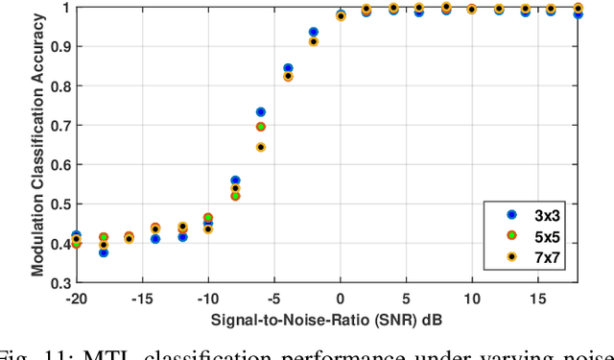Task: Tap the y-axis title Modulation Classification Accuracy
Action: [37, 145]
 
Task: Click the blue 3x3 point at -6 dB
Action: [260, 112]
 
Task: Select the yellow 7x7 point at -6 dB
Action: [260, 147]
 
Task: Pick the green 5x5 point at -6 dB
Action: [260, 127]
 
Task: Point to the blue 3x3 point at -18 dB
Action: [103, 252]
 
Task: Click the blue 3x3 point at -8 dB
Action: [235, 180]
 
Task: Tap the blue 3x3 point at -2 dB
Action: [313, 32]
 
